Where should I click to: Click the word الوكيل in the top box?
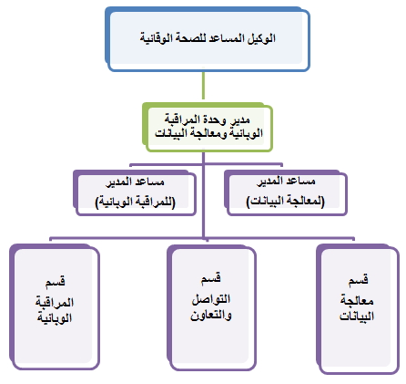click(x=261, y=38)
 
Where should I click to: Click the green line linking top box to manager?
click(x=203, y=86)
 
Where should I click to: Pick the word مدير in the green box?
click(x=239, y=120)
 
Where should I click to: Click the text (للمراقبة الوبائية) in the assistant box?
click(x=136, y=202)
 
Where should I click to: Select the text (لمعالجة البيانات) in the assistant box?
click(x=285, y=201)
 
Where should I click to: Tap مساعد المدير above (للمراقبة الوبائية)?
click(x=135, y=182)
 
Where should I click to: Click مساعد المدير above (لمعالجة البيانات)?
click(x=286, y=182)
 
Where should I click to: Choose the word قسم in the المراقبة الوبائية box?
click(x=55, y=281)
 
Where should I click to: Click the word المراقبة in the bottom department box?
click(x=55, y=302)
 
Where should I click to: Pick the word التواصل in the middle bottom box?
click(x=211, y=299)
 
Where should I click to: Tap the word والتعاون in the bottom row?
click(x=211, y=316)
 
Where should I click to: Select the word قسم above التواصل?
click(x=211, y=278)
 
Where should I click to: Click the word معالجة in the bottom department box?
click(x=357, y=301)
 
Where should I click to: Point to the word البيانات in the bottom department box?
click(x=357, y=317)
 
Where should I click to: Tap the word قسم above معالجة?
click(x=358, y=279)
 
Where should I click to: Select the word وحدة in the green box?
click(x=215, y=119)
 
